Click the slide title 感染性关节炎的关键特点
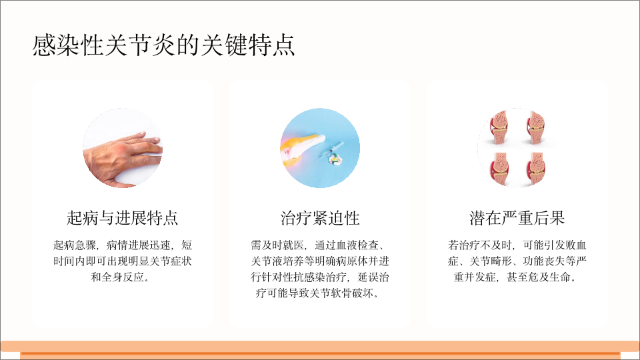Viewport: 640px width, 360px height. [x=163, y=45]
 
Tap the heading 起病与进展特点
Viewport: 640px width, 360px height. [x=122, y=218]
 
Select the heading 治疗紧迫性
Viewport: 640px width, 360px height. [x=319, y=218]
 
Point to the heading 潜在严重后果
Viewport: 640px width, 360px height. [x=517, y=218]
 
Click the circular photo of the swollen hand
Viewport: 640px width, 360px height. [x=123, y=148]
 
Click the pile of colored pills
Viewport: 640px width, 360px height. [x=336, y=159]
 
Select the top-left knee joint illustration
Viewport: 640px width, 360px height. [x=499, y=127]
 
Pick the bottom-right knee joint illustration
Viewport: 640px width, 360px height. [x=536, y=169]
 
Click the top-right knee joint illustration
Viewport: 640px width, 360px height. [x=536, y=127]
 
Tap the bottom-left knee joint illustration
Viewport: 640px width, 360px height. [x=499, y=169]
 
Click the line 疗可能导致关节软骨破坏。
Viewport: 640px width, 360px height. [x=318, y=293]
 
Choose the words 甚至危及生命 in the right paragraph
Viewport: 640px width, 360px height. [x=539, y=277]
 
